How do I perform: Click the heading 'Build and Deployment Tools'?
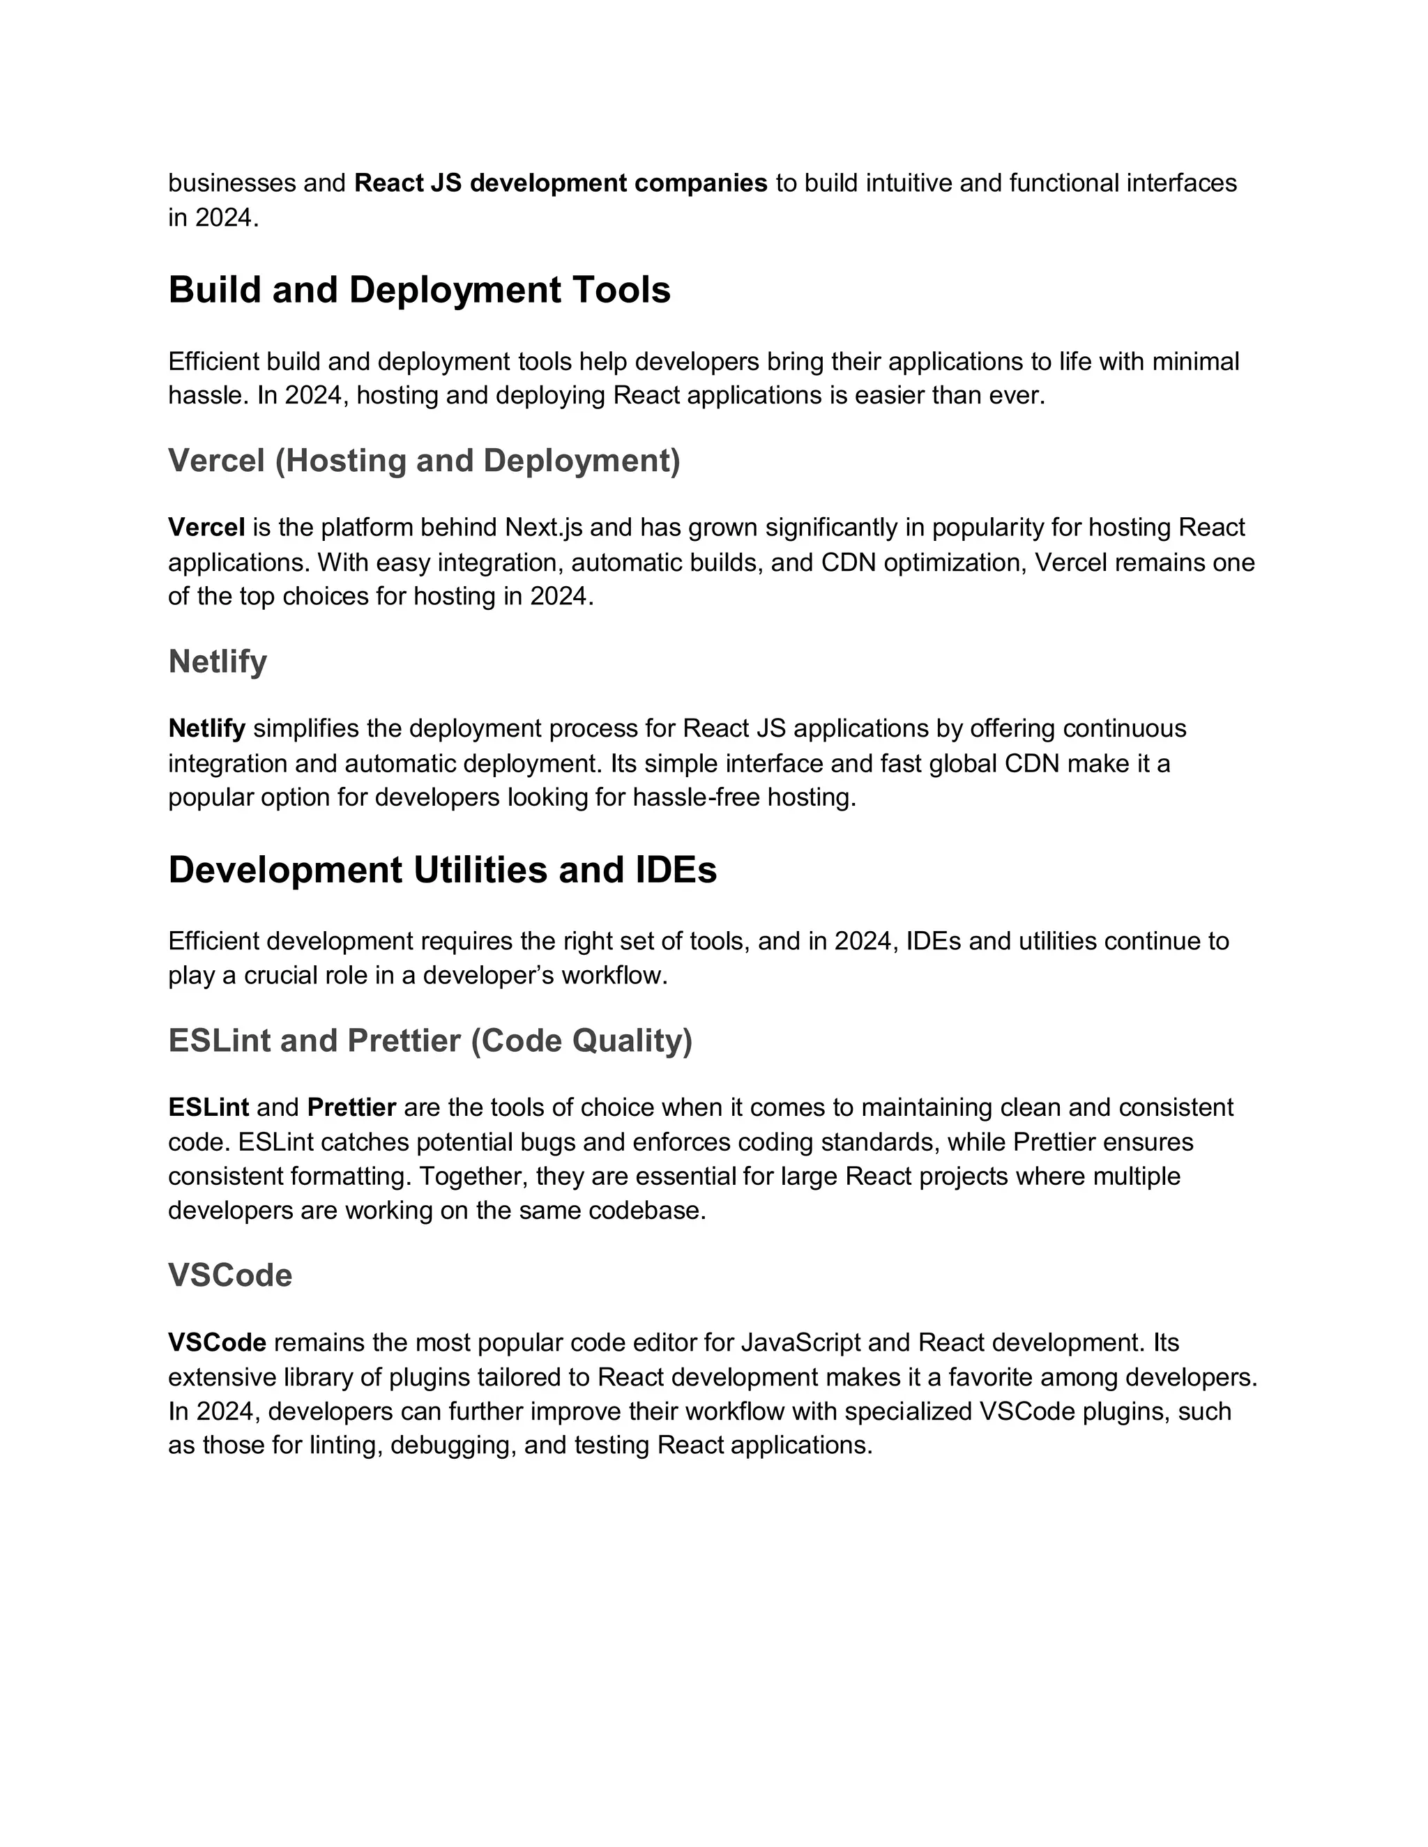tap(419, 290)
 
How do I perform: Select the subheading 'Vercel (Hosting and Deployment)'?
tap(424, 461)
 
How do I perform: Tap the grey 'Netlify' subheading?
tap(218, 661)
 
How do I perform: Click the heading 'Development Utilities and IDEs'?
tap(443, 871)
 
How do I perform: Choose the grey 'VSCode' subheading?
tap(230, 1275)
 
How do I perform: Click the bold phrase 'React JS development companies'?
tap(560, 183)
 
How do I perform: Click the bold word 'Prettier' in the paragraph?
tap(351, 1108)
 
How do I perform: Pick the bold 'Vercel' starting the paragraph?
tap(206, 528)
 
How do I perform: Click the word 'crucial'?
tap(285, 976)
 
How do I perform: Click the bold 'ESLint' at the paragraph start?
tap(208, 1108)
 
